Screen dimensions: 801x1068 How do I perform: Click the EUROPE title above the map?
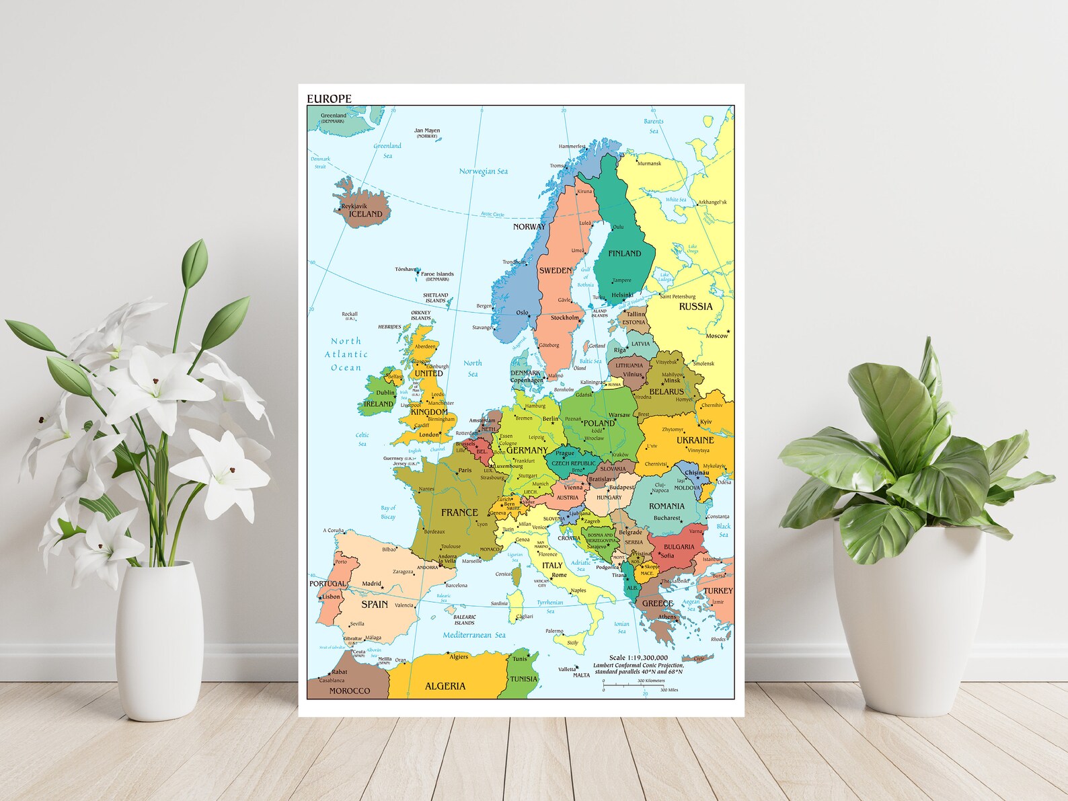tap(329, 99)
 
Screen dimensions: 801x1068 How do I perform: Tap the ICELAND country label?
tap(365, 215)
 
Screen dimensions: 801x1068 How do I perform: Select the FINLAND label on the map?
tap(624, 254)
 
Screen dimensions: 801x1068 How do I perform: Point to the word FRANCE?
tap(459, 512)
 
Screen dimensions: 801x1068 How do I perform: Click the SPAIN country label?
tap(375, 604)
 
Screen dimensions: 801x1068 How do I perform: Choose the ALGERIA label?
tap(445, 686)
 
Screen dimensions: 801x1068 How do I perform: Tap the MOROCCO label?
tap(349, 691)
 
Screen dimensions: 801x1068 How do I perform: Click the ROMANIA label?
tap(666, 506)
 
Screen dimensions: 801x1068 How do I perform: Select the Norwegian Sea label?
tap(483, 171)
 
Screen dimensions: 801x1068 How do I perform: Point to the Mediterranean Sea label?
tap(473, 635)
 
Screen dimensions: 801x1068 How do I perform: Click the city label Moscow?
tap(716, 336)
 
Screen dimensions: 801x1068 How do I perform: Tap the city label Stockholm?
tap(564, 317)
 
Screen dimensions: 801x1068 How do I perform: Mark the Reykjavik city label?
tap(354, 206)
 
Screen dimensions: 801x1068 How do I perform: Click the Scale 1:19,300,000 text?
tap(638, 657)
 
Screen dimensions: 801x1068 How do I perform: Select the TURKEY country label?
tap(718, 591)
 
